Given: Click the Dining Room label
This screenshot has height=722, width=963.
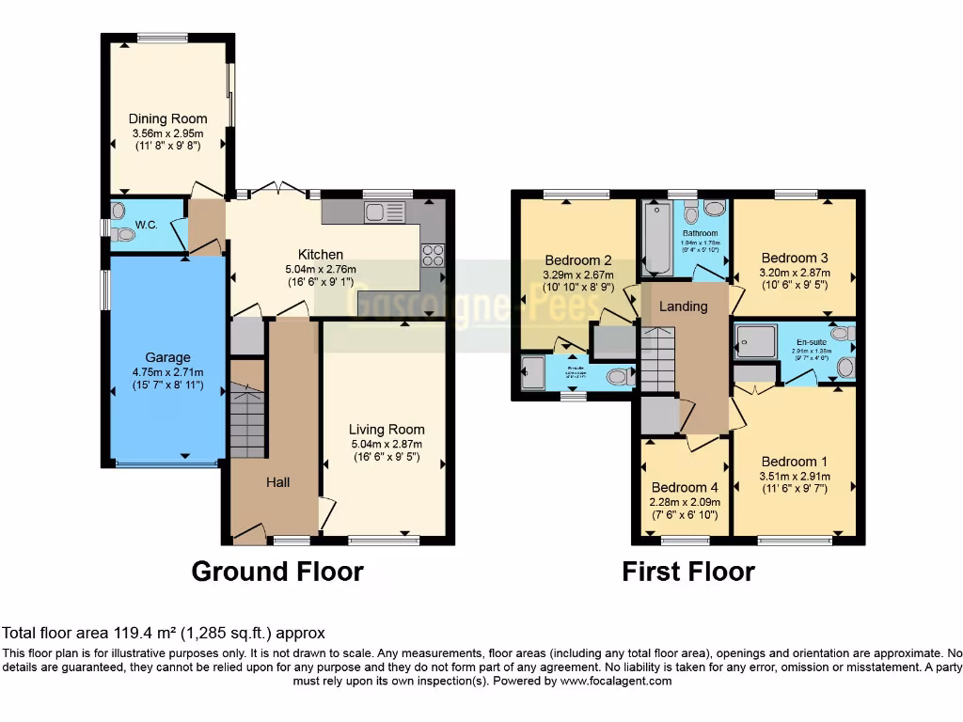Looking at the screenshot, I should tap(167, 119).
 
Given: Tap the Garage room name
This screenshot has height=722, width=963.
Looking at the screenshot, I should tap(167, 357).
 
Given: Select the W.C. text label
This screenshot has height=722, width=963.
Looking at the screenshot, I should tap(146, 225).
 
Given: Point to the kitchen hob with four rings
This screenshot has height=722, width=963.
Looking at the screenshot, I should tap(434, 255).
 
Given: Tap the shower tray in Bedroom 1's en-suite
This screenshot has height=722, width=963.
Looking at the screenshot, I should tap(756, 341).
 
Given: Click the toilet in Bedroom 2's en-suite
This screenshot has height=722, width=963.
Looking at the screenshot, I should tap(617, 377).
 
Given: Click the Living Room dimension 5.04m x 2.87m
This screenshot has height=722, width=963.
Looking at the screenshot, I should tap(386, 445).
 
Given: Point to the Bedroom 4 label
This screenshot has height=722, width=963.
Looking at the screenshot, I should tap(684, 487).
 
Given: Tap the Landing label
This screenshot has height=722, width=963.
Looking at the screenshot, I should tap(683, 306).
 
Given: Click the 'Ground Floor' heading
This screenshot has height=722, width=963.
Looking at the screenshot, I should tap(277, 571).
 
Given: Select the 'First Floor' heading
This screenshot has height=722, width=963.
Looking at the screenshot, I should tap(688, 572).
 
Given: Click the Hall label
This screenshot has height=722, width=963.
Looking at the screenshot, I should tap(277, 482).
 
